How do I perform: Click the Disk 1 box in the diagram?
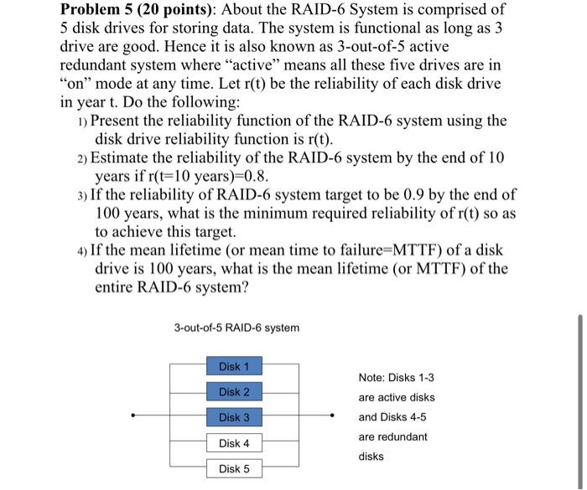point(234,366)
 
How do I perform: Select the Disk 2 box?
point(234,392)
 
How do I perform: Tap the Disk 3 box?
point(234,417)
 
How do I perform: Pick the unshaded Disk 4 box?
point(234,443)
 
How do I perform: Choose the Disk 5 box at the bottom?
point(234,469)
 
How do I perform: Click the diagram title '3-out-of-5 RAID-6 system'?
point(236,327)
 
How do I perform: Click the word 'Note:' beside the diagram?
point(374,377)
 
